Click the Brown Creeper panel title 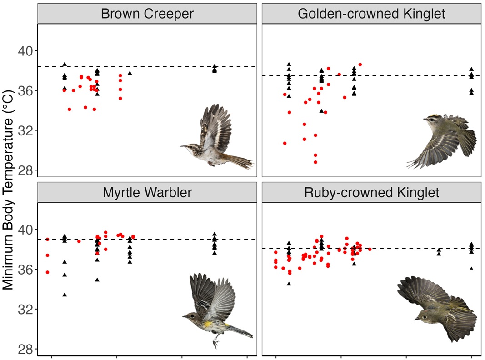pyautogui.click(x=147, y=14)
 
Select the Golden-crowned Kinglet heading pyautogui.click(x=371, y=14)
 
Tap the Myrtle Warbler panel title pyautogui.click(x=147, y=193)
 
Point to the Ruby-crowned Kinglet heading pyautogui.click(x=371, y=193)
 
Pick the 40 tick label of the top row pyautogui.click(x=26, y=50)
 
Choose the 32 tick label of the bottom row pyautogui.click(x=26, y=310)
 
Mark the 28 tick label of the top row pyautogui.click(x=26, y=171)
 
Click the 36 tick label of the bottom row pyautogui.click(x=26, y=270)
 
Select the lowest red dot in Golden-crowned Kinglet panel pyautogui.click(x=315, y=162)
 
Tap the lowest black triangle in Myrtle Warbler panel pyautogui.click(x=65, y=295)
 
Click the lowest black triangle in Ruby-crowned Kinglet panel pyautogui.click(x=289, y=284)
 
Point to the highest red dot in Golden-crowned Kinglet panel pyautogui.click(x=360, y=65)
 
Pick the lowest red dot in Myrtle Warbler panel pyautogui.click(x=47, y=272)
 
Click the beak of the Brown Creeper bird pyautogui.click(x=183, y=146)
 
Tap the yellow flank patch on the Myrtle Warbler pyautogui.click(x=209, y=324)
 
